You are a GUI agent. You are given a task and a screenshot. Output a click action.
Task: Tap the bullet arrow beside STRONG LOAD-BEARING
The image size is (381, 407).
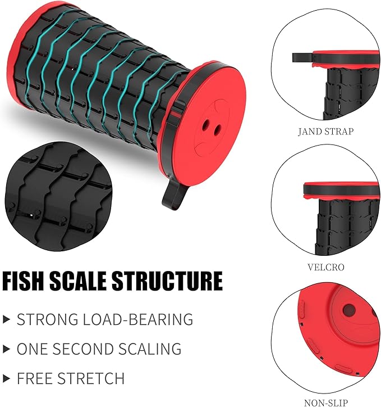tap(7, 319)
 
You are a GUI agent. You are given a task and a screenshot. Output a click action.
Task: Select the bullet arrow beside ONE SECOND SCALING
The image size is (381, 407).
tap(7, 349)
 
